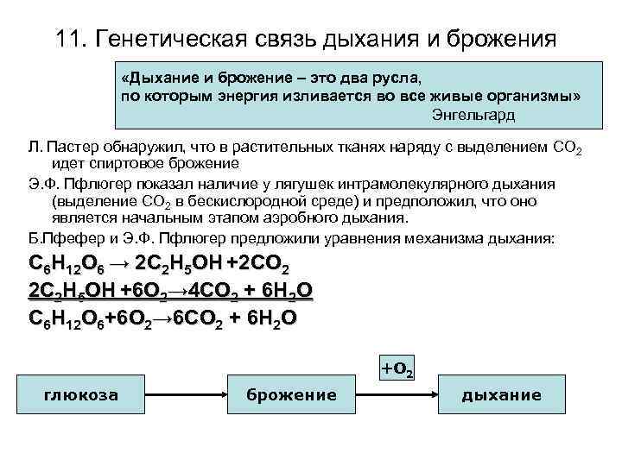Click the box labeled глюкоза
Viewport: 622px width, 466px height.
coord(82,395)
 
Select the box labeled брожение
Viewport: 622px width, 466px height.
coord(291,395)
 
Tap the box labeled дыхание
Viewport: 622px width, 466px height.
coord(501,395)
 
